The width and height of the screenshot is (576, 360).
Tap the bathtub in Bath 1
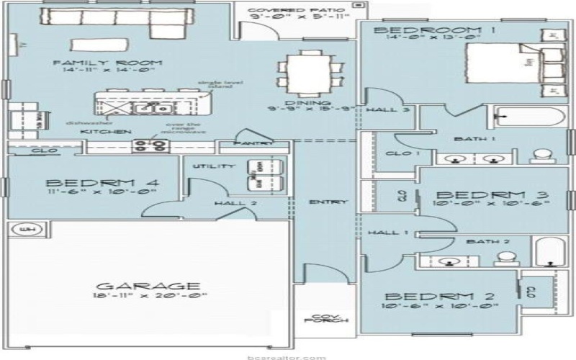[524, 117]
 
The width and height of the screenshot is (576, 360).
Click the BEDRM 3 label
[493, 195]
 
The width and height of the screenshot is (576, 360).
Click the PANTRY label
[253, 144]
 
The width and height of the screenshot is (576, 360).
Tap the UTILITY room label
[213, 166]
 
